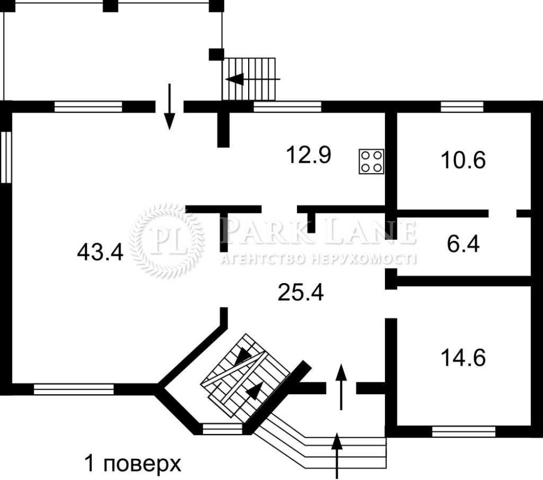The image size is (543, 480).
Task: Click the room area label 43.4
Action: coord(100,252)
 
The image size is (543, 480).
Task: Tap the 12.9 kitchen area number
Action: coord(308,155)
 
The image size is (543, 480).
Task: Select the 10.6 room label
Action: coord(463,160)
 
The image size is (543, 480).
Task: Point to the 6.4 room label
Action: coord(463,244)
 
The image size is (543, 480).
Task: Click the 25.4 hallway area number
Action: coord(301,292)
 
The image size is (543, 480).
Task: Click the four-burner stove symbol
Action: coord(371,161)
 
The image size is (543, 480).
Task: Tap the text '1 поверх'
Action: coord(133,464)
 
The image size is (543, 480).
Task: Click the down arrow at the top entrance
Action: coord(169,106)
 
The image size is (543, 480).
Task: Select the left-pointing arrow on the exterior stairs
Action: coord(253,79)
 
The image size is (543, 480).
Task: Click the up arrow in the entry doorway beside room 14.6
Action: coord(342,387)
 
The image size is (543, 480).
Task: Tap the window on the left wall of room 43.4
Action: coord(6,157)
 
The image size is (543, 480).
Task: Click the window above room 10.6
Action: coord(462,106)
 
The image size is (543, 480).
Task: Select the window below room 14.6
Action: coord(464,432)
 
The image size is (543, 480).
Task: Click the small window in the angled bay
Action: coord(222,429)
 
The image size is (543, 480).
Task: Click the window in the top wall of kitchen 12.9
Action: coord(287,106)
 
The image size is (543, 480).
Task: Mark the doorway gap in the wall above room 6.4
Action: coord(502,213)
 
